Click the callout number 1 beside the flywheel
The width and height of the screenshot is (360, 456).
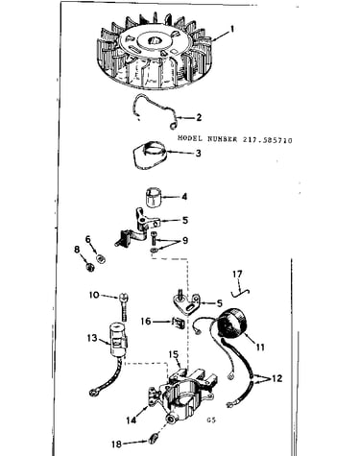232,30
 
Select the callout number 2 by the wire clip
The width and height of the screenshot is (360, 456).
199,117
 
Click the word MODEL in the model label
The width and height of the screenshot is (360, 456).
190,138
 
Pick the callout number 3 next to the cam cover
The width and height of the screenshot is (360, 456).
199,153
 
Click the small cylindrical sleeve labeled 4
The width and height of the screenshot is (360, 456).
153,198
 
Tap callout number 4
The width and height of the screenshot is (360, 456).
184,196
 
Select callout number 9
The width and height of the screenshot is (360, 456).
185,240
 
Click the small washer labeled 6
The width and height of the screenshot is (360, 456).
101,258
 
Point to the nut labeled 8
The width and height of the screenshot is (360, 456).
90,267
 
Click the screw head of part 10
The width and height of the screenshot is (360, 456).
124,298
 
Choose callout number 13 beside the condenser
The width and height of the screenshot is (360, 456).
92,337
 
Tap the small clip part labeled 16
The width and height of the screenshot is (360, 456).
179,324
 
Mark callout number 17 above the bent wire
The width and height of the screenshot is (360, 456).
237,275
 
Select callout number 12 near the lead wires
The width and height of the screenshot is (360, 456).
277,378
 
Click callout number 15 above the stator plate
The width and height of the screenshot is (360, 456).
174,354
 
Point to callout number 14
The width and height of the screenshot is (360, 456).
132,420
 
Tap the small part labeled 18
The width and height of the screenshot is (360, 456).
153,438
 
